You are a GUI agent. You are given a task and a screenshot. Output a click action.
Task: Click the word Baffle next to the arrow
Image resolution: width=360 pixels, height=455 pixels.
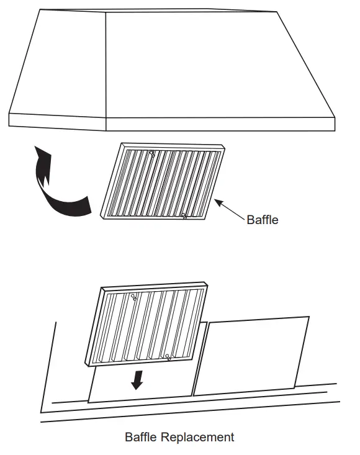tap(263, 219)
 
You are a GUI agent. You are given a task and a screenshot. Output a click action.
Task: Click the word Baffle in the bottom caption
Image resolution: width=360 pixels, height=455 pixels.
tap(142, 437)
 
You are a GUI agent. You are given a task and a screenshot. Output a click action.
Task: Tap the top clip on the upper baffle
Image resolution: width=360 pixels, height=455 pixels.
tap(153, 153)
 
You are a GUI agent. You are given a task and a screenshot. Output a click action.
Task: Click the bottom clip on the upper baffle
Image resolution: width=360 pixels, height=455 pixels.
tap(184, 215)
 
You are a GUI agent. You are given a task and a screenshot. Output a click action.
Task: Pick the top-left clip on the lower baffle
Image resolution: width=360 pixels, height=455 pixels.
tap(133, 297)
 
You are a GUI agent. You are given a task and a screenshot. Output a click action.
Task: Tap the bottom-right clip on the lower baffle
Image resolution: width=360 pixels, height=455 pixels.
tap(168, 357)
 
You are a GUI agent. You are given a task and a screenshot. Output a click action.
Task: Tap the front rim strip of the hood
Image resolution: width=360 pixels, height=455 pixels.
tap(217, 124)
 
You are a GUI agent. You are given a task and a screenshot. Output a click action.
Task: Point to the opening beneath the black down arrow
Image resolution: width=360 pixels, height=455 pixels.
tap(140, 388)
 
